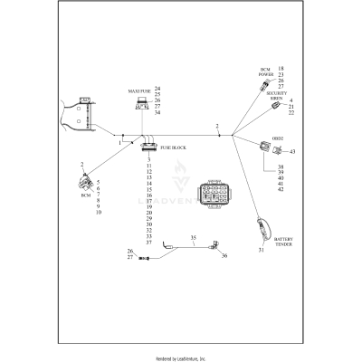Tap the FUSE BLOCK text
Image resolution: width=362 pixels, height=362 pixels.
tap(173, 146)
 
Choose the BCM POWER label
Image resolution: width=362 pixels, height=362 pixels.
tap(266, 71)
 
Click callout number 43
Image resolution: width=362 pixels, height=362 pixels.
tap(293, 151)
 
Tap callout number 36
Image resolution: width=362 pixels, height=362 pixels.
tap(224, 256)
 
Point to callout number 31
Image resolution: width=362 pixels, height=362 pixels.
tap(262, 250)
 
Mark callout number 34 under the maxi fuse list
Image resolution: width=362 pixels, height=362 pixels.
tap(157, 113)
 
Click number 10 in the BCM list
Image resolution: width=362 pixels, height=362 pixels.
tap(98, 212)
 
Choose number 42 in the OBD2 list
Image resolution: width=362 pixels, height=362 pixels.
tap(281, 189)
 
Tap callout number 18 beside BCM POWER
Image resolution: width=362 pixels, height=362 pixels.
tap(281, 69)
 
